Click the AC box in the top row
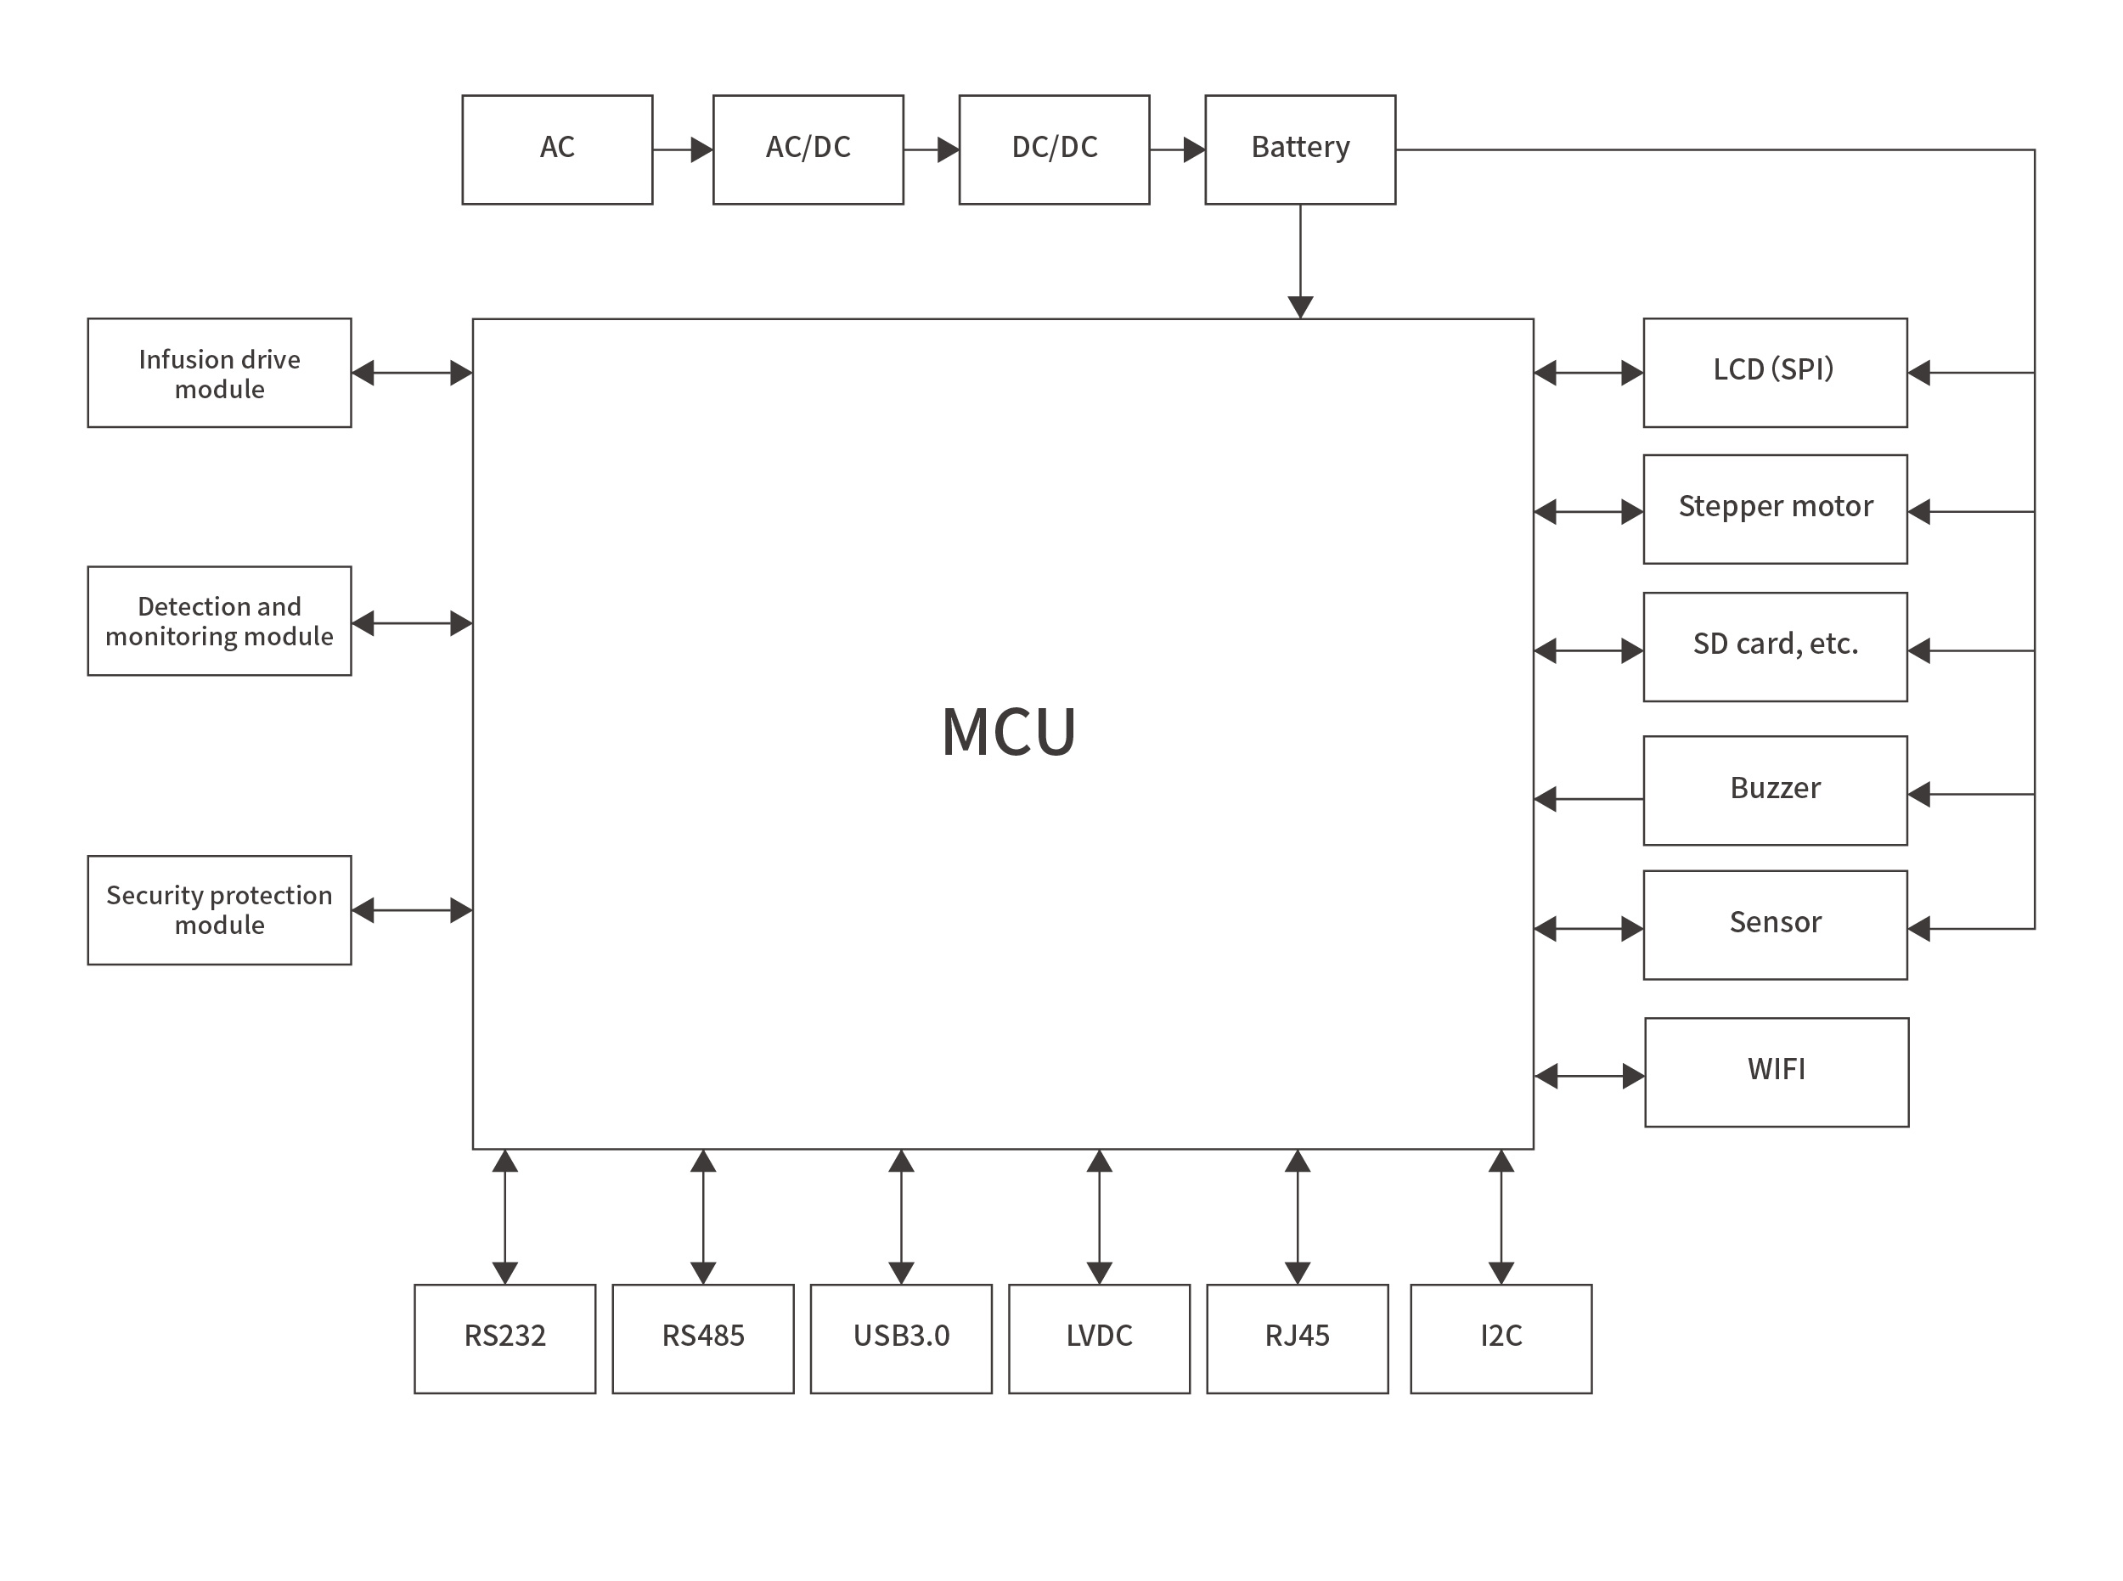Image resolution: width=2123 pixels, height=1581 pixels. coord(557,149)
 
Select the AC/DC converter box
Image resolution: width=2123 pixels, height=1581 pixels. coord(808,149)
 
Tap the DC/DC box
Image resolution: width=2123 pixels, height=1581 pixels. coord(1054,149)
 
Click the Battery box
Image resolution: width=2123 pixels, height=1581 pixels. coord(1300,149)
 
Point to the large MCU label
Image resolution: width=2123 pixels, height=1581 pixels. coord(1009,732)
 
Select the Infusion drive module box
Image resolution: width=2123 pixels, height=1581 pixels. coord(219,374)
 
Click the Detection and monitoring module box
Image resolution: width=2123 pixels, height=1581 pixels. coord(219,622)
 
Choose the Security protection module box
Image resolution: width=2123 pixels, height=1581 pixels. coord(219,910)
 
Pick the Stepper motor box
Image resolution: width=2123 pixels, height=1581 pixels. coord(1775,509)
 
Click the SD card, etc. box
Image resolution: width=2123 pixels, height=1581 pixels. coord(1775,647)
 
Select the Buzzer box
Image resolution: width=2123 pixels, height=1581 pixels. coord(1775,790)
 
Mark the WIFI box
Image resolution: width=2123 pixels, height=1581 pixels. coord(1777,1072)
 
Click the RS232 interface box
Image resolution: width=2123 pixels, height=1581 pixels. coord(504,1339)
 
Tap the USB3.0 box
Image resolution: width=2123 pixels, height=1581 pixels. coord(901,1339)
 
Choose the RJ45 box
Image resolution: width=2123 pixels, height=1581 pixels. coord(1297,1339)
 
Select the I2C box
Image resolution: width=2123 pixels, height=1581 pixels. coord(1501,1339)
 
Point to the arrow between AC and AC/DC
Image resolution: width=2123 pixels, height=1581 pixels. coord(683,149)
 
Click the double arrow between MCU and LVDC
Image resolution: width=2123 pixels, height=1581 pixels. coord(1099,1217)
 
